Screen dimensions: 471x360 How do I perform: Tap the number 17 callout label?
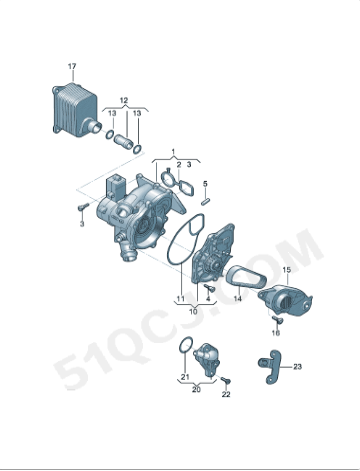point(72,66)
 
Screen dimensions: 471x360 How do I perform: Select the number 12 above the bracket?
point(124,101)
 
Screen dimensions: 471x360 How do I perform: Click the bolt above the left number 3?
point(79,208)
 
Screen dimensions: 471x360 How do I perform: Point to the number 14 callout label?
point(239,299)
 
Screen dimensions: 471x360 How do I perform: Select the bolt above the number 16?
point(275,318)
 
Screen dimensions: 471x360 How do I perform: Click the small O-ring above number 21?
point(184,347)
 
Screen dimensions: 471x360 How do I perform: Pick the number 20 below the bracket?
point(196,389)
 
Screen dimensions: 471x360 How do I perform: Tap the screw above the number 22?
point(225,381)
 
